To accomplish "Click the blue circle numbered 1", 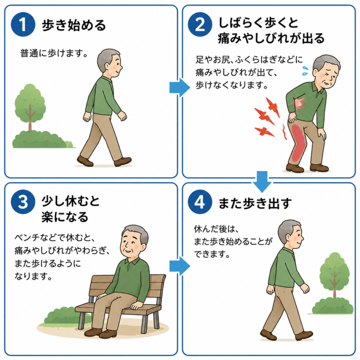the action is coord(23,24).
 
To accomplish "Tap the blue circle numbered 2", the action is coord(200,24).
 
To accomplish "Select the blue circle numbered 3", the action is coord(23,202).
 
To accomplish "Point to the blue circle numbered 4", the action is coord(200,202).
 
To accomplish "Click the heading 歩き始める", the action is coord(74,25).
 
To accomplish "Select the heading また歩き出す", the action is coord(255,203).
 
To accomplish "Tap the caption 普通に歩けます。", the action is coord(54,53).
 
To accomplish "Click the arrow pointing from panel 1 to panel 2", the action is coord(180,88).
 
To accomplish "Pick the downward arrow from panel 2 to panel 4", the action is coord(262,182).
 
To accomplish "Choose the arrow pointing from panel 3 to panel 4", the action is coord(180,266).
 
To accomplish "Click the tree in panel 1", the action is coord(30,107).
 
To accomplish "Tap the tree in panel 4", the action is coord(335,275).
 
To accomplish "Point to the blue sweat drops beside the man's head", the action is coord(305,71).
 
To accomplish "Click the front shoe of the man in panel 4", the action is coord(304,336).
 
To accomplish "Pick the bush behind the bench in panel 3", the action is coord(66,316).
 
